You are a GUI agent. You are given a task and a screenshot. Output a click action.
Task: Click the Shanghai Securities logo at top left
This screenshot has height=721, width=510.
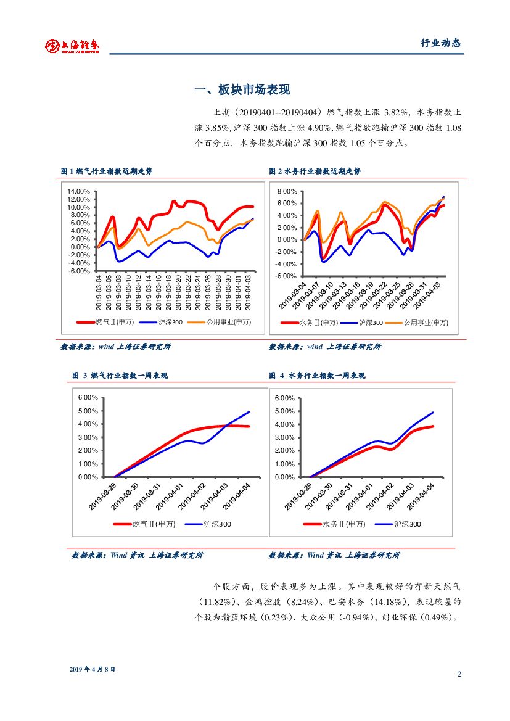(72, 45)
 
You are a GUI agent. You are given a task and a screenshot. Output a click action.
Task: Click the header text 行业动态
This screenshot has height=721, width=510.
(440, 43)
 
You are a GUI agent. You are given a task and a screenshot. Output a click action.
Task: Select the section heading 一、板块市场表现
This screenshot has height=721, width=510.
(242, 90)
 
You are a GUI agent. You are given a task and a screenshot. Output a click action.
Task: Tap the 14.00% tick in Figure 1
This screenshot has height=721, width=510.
(79, 191)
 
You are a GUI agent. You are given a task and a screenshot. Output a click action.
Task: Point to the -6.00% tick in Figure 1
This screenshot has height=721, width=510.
(80, 271)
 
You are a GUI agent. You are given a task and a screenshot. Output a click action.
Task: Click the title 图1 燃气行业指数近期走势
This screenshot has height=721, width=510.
(107, 171)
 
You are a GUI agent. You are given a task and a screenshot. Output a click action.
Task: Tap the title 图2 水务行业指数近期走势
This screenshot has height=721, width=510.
(315, 171)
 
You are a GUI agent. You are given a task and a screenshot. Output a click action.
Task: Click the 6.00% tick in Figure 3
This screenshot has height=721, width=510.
(88, 398)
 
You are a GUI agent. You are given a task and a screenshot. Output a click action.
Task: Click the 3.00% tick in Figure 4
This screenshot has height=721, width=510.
(284, 437)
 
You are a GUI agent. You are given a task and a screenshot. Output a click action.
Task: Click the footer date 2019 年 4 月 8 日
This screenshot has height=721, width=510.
(93, 669)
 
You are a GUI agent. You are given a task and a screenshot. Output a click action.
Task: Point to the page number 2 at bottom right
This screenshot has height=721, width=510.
(459, 674)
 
